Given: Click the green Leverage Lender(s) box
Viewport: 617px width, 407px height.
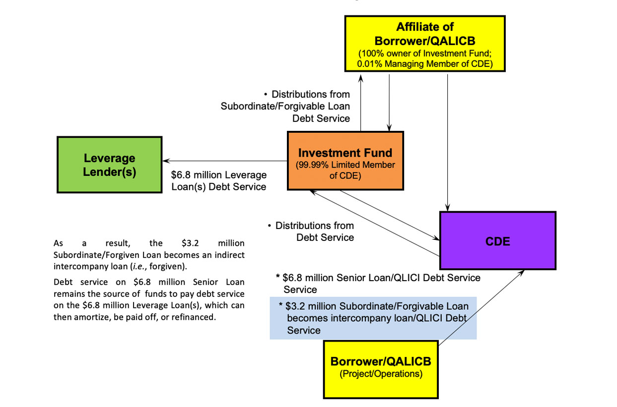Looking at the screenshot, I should pyautogui.click(x=110, y=165).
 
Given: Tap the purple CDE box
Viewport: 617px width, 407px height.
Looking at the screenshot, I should pyautogui.click(x=497, y=241).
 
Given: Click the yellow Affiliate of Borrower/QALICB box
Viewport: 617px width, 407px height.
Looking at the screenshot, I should pyautogui.click(x=425, y=44).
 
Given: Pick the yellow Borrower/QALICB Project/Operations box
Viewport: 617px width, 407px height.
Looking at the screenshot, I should pyautogui.click(x=381, y=369).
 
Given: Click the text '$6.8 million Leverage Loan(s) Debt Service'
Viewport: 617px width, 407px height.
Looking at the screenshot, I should pyautogui.click(x=219, y=181).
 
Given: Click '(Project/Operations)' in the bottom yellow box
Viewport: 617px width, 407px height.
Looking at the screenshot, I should pyautogui.click(x=381, y=374).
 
